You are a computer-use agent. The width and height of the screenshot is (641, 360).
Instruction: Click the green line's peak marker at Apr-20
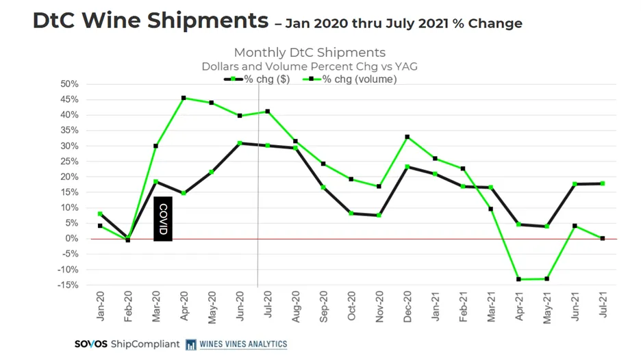click(x=184, y=98)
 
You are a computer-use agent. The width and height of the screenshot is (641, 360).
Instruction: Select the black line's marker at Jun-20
click(x=240, y=143)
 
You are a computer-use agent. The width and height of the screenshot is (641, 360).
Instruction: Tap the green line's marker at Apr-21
click(x=518, y=279)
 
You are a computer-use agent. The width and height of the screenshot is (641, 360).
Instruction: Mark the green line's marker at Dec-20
click(x=407, y=137)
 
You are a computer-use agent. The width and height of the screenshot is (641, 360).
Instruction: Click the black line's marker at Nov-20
click(x=379, y=215)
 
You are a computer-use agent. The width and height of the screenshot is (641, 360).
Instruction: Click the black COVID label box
click(x=163, y=219)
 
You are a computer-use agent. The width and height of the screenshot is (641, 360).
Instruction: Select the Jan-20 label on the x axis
click(x=101, y=305)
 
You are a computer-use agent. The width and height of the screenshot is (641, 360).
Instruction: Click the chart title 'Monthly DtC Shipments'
click(x=310, y=53)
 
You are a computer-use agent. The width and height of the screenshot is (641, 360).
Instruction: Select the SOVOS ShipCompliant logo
click(x=127, y=344)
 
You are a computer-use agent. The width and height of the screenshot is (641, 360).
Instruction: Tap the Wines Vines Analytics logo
click(x=237, y=344)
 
